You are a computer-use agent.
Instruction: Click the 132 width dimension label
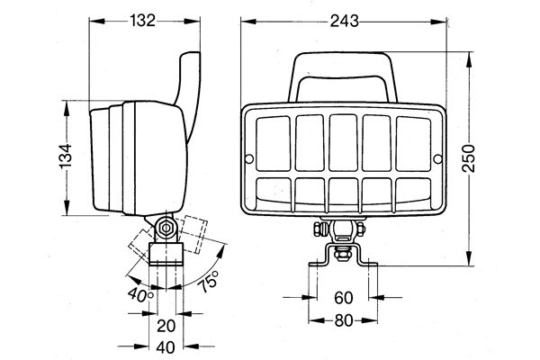tap(141, 21)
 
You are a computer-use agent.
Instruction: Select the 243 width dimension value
tap(342, 21)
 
